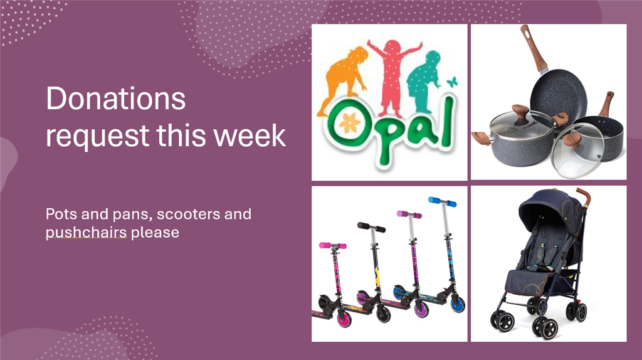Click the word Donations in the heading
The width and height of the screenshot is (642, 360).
click(x=116, y=98)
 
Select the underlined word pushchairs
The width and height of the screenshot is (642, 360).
click(x=86, y=232)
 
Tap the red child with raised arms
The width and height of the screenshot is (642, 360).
click(x=392, y=76)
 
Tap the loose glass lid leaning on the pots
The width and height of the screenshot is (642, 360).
click(x=577, y=151)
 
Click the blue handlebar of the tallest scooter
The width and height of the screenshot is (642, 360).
click(x=442, y=201)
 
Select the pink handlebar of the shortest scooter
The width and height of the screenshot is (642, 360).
click(x=332, y=246)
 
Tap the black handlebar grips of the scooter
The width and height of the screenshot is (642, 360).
click(x=371, y=227)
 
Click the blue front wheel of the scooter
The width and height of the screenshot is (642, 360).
click(x=457, y=304)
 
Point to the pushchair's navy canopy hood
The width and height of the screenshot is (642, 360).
click(x=549, y=209)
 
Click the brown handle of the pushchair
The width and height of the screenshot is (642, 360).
click(x=584, y=195)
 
